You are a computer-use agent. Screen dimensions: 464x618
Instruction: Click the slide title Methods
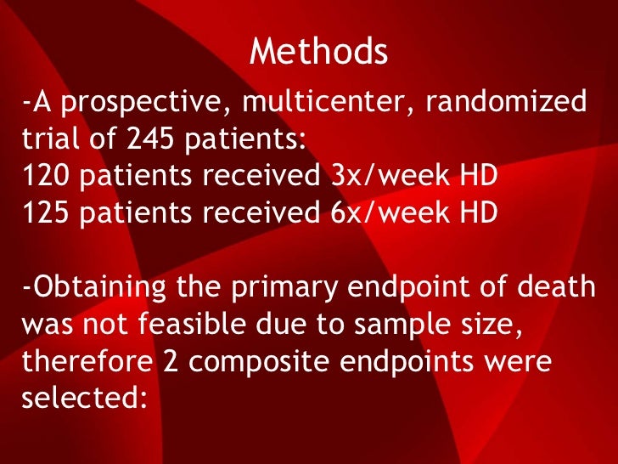pos(319,53)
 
